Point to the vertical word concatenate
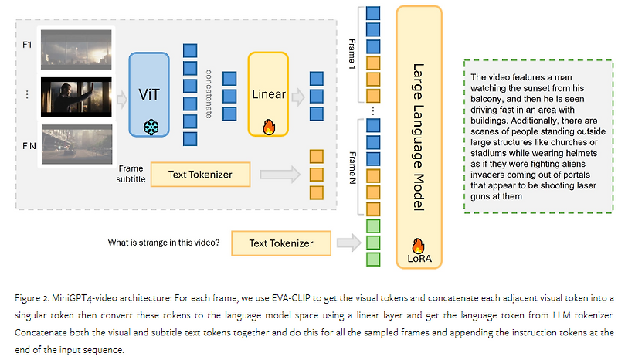click(209, 92)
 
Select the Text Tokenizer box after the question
click(281, 243)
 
